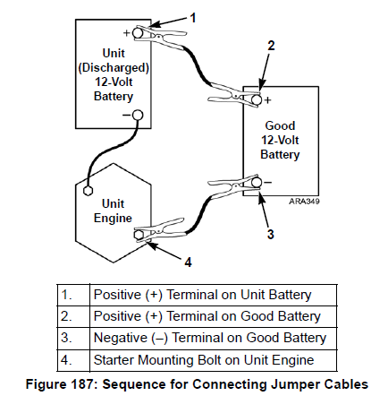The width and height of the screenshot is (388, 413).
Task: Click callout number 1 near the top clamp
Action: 193,18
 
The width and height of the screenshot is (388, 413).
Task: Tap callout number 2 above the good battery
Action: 271,46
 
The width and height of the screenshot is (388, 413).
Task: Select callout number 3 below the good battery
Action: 270,234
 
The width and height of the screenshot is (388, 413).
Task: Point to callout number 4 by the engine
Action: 188,262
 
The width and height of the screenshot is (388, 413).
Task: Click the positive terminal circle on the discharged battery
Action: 138,32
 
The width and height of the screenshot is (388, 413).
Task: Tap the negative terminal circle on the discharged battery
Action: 138,115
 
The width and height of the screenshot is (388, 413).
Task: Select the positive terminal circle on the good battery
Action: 257,99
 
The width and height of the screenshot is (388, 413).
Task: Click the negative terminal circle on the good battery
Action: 257,182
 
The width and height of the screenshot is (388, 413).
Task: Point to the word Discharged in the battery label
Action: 114,68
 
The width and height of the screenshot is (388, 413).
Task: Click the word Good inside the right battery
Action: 280,125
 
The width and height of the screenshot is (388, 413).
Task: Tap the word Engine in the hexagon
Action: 113,219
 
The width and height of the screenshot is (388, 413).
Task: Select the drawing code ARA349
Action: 304,202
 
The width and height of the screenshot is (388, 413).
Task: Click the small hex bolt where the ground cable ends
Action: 88,191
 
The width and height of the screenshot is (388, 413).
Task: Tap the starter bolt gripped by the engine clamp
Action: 138,235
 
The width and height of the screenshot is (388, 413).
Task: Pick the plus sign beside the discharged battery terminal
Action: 127,32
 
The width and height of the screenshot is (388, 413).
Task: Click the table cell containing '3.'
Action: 73,339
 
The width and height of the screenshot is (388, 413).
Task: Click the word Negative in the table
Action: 121,338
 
